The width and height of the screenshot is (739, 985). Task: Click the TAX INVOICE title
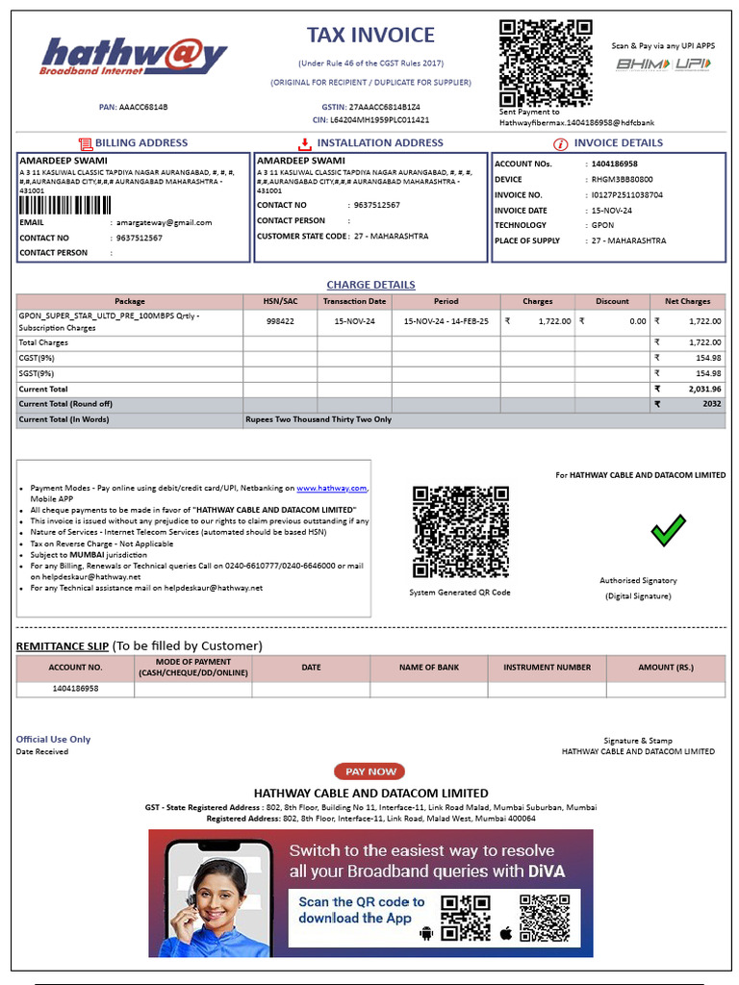[370, 36]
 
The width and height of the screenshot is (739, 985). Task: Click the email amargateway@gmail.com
[164, 222]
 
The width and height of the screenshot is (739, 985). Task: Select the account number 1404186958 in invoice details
[614, 164]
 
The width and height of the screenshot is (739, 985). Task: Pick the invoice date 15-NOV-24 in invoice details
[611, 210]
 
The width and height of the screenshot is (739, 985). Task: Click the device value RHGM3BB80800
[622, 179]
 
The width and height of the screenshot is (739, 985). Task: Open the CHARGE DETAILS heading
[370, 285]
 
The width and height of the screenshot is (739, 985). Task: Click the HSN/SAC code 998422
[280, 321]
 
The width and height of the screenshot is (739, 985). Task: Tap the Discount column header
[612, 301]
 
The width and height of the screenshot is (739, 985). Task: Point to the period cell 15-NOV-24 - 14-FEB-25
[446, 321]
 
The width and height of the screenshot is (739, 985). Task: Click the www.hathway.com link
[331, 489]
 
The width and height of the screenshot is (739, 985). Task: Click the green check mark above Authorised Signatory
[668, 530]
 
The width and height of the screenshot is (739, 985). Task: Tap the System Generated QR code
[460, 532]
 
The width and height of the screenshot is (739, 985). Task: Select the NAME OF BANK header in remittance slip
[429, 667]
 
